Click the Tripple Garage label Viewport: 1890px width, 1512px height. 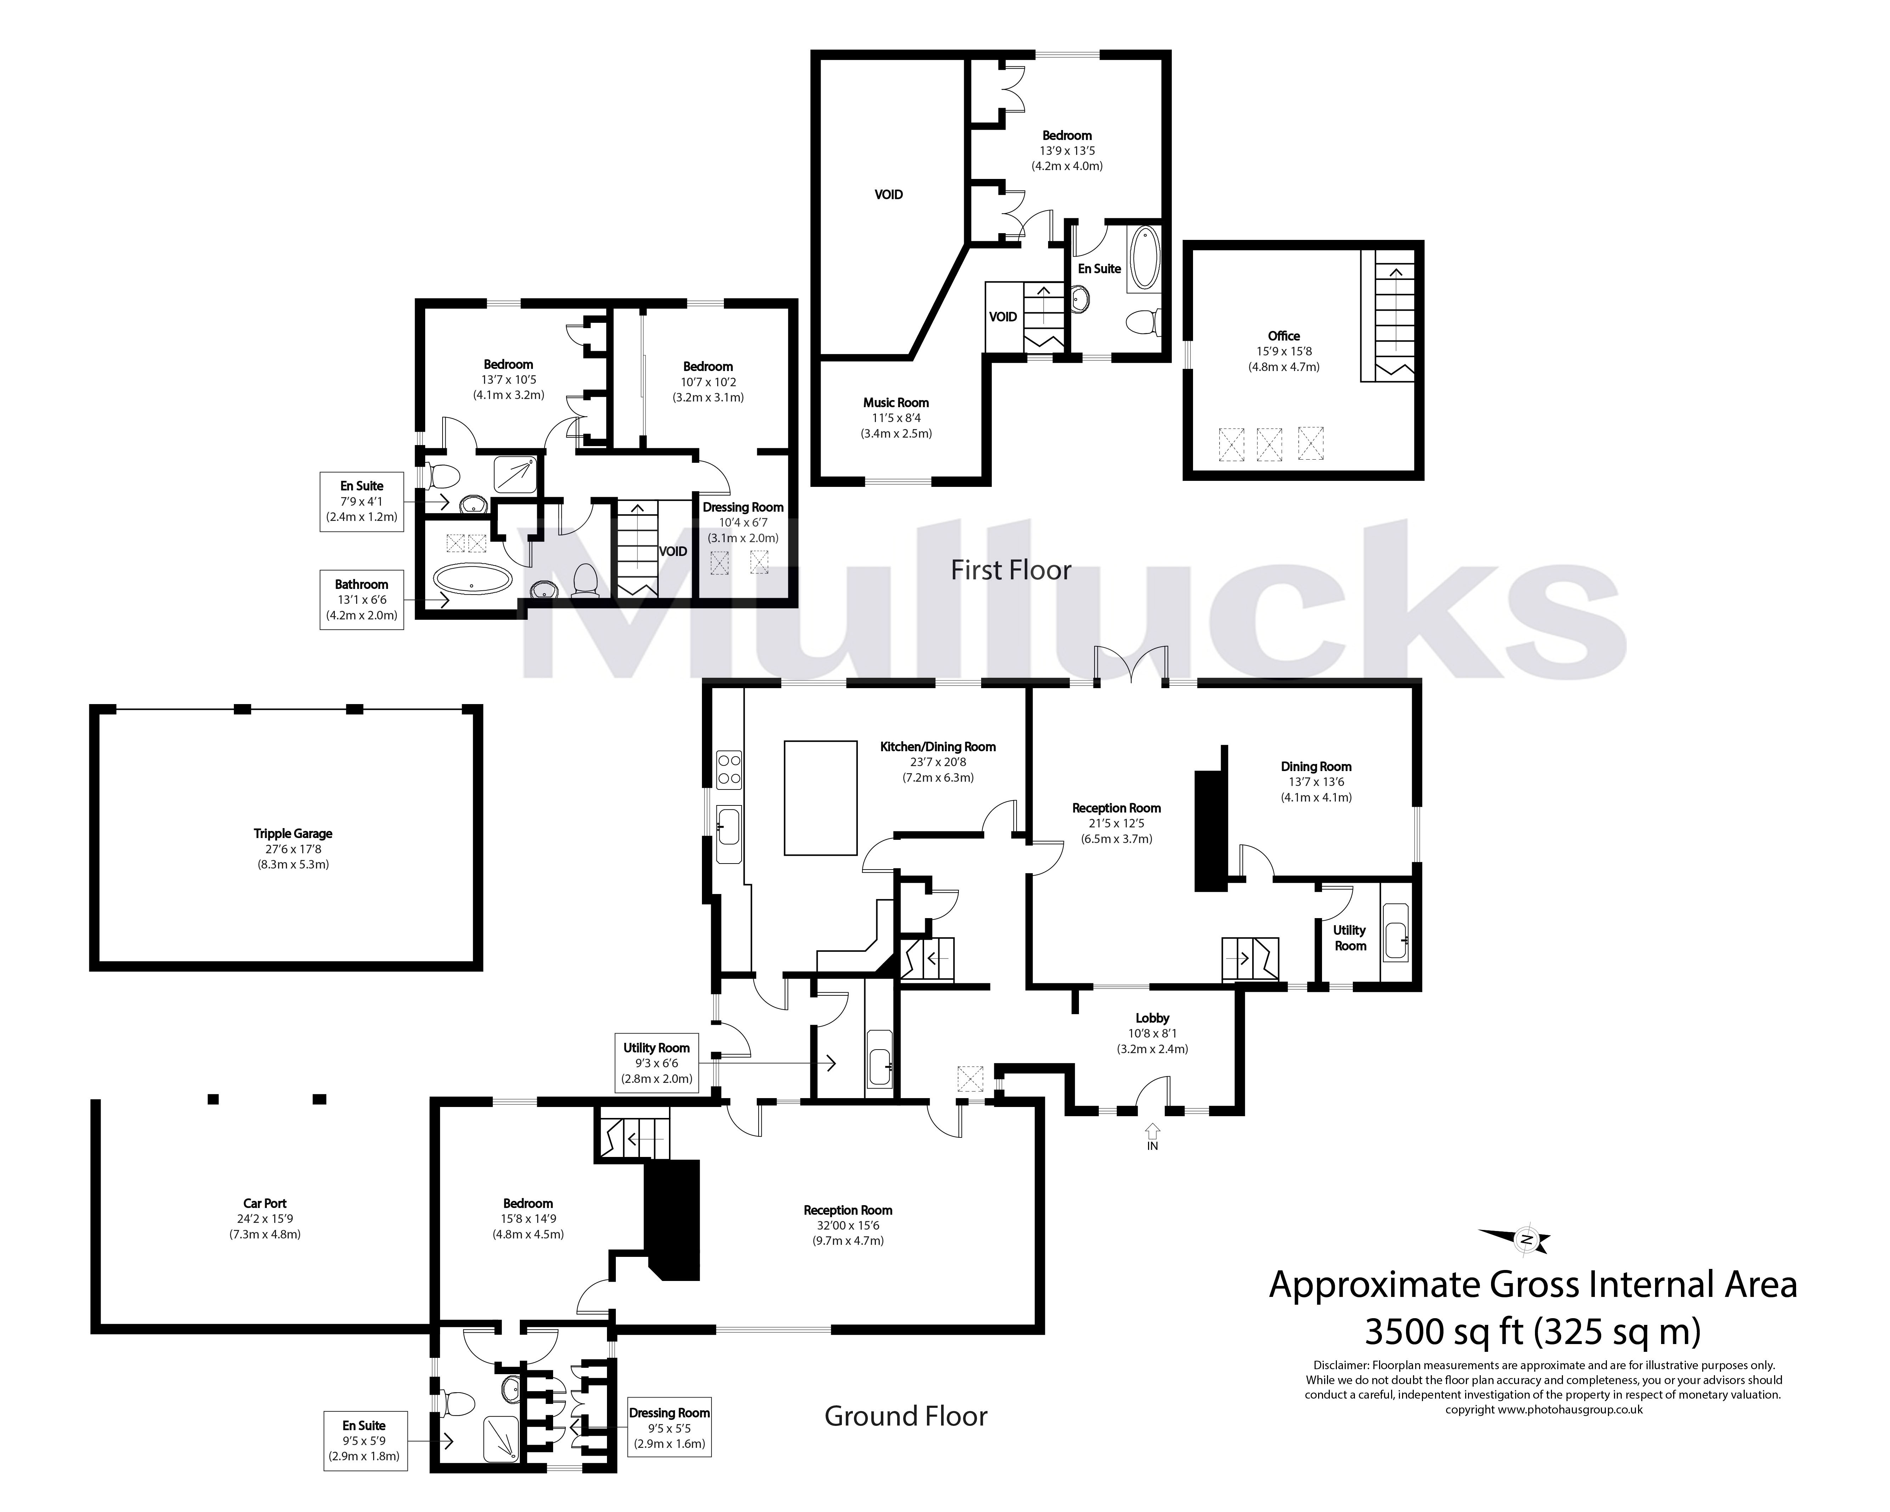coord(293,833)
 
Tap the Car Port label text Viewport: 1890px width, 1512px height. coord(265,1203)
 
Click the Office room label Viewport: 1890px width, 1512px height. coord(1283,336)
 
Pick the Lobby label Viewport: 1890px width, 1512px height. coord(1152,1018)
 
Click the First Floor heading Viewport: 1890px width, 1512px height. coord(1011,570)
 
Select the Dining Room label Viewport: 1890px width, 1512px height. coord(1316,766)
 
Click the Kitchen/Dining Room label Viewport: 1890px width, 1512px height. coord(938,747)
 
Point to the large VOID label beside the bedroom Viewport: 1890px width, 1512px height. coord(888,195)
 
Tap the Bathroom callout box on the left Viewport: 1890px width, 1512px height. coord(361,600)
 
